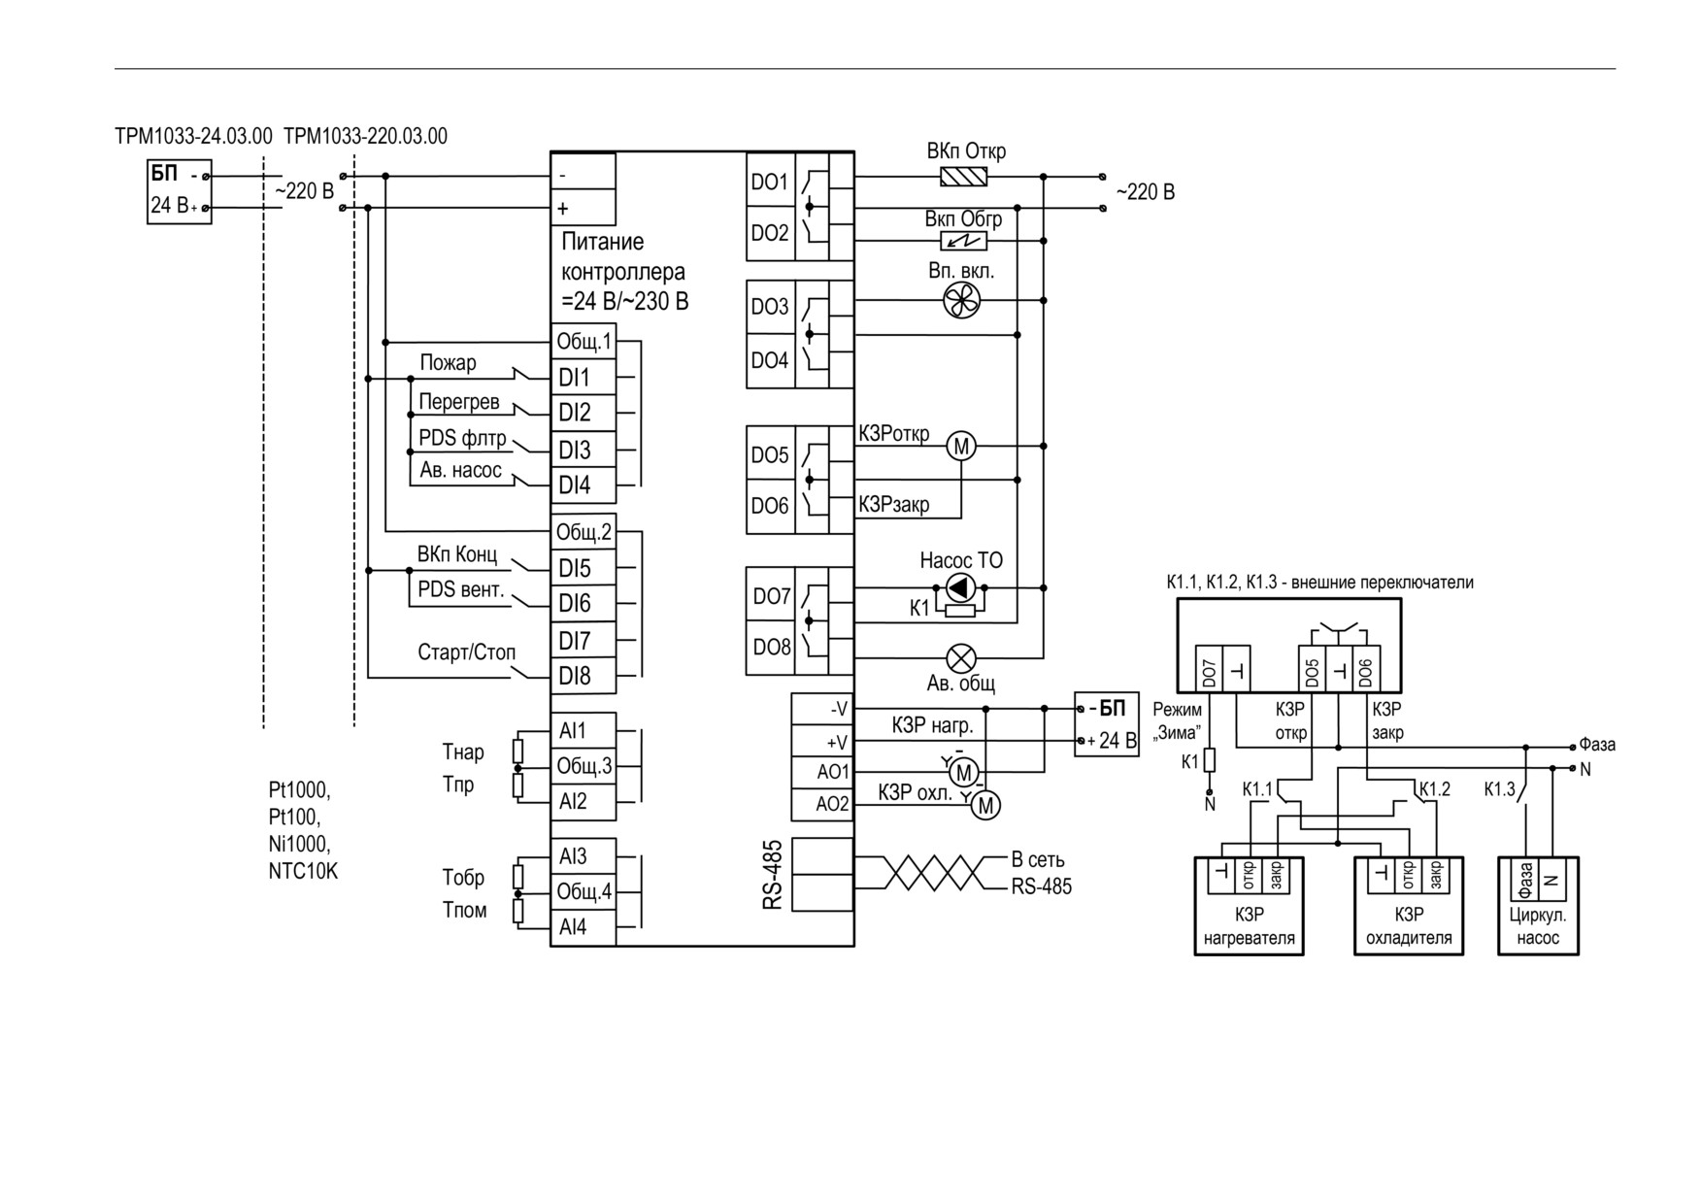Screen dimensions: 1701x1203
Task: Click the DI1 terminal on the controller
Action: tap(584, 377)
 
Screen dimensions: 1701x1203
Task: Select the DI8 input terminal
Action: tap(584, 676)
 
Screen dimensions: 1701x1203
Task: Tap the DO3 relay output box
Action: tap(771, 307)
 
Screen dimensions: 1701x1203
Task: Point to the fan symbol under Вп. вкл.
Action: tap(962, 301)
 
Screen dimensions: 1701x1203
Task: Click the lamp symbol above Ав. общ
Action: tap(961, 659)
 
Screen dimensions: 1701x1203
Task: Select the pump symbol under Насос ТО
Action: tap(960, 587)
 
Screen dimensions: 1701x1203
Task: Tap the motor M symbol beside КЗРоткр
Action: tap(961, 446)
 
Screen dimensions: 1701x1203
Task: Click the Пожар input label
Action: tap(448, 363)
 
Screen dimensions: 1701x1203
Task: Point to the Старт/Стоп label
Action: tap(466, 652)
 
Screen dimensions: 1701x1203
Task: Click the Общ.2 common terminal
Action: tap(584, 532)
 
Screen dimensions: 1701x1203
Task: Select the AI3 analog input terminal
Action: tap(584, 856)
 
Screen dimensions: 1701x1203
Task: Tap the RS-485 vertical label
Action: tap(773, 875)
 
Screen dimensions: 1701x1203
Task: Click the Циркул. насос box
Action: tap(1538, 906)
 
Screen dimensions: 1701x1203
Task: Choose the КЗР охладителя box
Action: tap(1409, 906)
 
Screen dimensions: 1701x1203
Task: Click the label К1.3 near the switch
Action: tap(1499, 789)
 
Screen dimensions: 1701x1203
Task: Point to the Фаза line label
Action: tap(1597, 745)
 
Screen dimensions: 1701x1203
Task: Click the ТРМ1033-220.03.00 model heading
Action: tap(365, 136)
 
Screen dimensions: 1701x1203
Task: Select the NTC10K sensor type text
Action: tap(303, 871)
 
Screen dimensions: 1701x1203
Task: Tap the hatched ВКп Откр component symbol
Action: tap(964, 177)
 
